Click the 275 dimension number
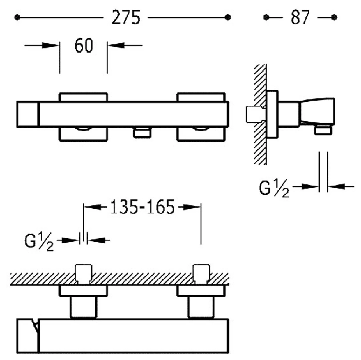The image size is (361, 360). point(126,18)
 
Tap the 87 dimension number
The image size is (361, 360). point(300,18)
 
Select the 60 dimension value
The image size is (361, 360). point(84,45)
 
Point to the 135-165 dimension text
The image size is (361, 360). point(142,207)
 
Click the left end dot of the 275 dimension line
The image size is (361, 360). point(17,18)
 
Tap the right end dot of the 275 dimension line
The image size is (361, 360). point(228,18)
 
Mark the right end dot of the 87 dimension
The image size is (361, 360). point(334,18)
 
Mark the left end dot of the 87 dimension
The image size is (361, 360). point(266,18)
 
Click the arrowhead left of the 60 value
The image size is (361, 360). point(50,45)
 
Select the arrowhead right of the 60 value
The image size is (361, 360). point(116,45)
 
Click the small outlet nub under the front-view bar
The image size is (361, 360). point(142,133)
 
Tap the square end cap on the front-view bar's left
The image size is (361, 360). point(28,114)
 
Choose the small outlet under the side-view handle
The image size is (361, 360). point(323,130)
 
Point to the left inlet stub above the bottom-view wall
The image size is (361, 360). point(83,274)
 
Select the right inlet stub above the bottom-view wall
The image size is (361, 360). point(201,274)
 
